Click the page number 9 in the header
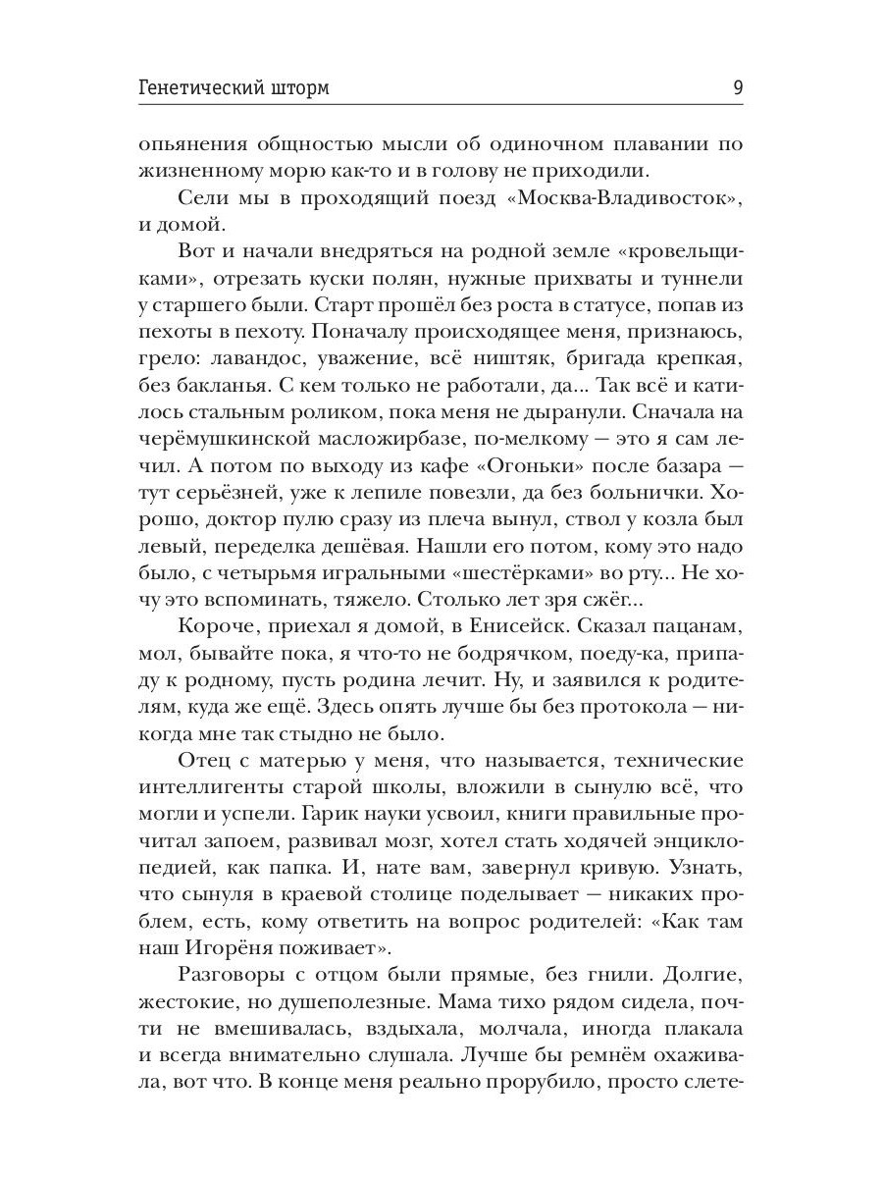click(737, 88)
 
